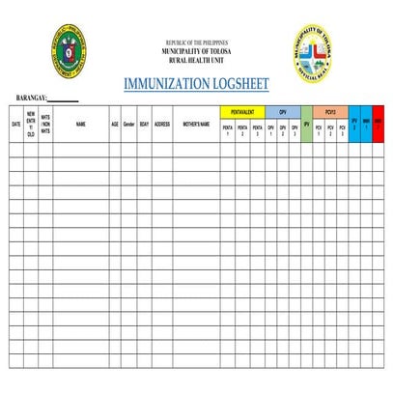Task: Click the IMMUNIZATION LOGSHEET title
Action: pyautogui.click(x=196, y=84)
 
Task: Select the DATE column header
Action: pyautogui.click(x=15, y=125)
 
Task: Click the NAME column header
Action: pyautogui.click(x=81, y=125)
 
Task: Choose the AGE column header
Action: pyautogui.click(x=115, y=125)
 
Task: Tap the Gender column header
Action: pyautogui.click(x=128, y=125)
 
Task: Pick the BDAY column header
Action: pyautogui.click(x=144, y=125)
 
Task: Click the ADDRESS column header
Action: pyautogui.click(x=162, y=125)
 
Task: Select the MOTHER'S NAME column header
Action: pyautogui.click(x=197, y=125)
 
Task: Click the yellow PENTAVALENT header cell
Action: pyautogui.click(x=242, y=112)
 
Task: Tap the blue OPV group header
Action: pyautogui.click(x=283, y=112)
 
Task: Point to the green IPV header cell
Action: pyautogui.click(x=307, y=125)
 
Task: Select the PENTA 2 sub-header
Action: pyautogui.click(x=242, y=130)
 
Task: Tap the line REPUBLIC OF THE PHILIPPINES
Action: pyautogui.click(x=196, y=43)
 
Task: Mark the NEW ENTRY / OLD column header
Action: pyautogui.click(x=31, y=125)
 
